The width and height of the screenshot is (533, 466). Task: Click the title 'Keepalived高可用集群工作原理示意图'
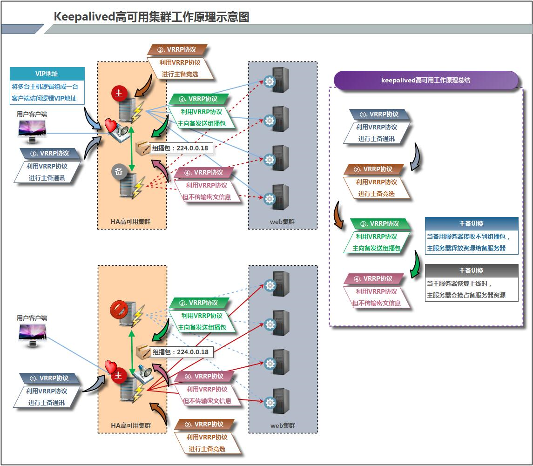[152, 17]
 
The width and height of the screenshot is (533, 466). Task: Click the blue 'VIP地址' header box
[47, 74]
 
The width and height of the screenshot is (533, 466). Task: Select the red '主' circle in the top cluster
[119, 94]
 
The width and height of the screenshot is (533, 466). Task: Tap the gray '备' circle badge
[119, 171]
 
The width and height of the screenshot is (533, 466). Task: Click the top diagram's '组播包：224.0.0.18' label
[180, 149]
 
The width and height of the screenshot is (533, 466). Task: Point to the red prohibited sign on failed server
[118, 309]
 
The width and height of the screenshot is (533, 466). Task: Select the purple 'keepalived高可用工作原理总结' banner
[425, 80]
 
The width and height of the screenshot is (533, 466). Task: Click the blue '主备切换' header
[471, 223]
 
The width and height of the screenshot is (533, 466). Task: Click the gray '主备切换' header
[471, 270]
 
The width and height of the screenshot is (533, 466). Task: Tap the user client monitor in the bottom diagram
[32, 335]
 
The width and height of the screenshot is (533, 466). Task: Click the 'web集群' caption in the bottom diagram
[283, 425]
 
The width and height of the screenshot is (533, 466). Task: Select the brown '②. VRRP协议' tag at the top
[177, 50]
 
